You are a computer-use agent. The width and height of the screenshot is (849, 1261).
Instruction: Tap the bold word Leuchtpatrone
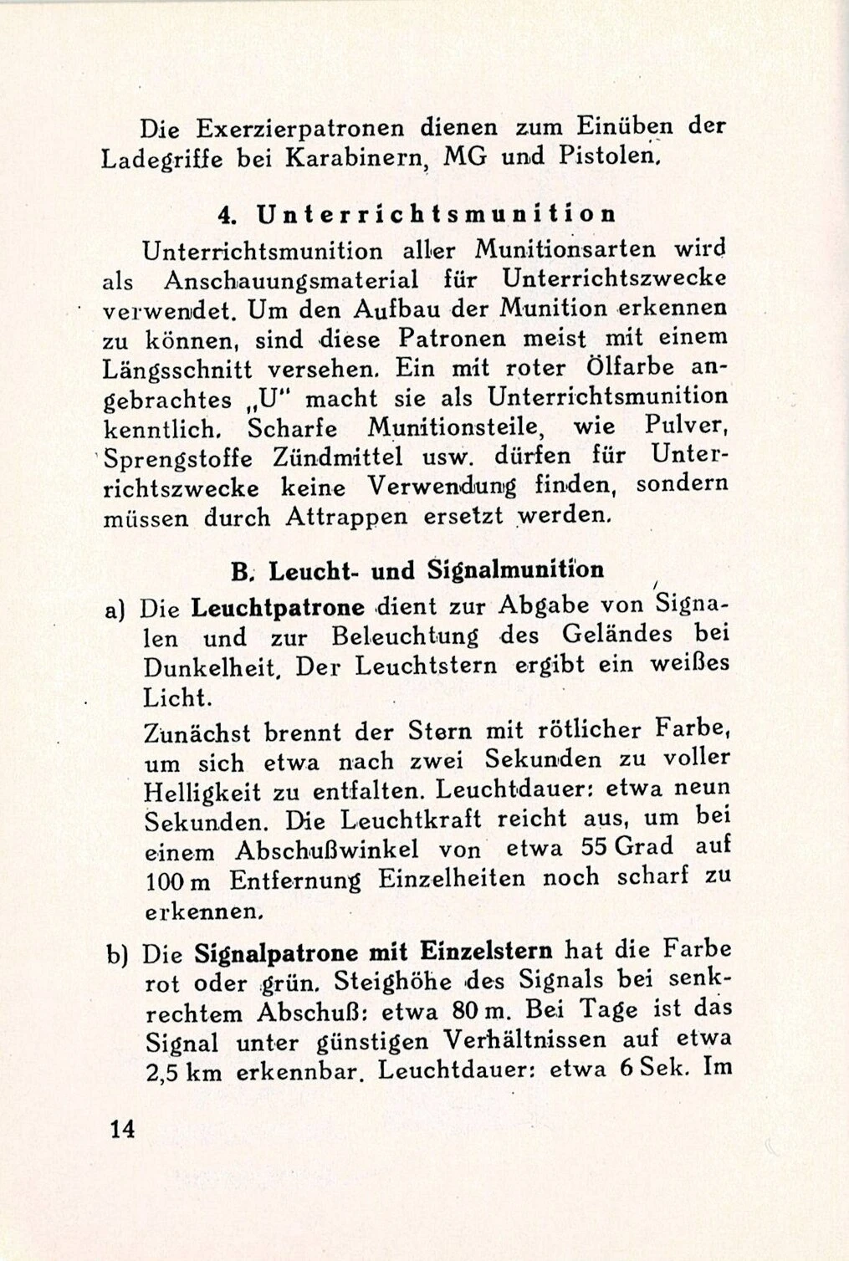[x=278, y=608]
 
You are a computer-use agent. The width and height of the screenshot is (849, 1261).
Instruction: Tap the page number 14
[x=120, y=1129]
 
